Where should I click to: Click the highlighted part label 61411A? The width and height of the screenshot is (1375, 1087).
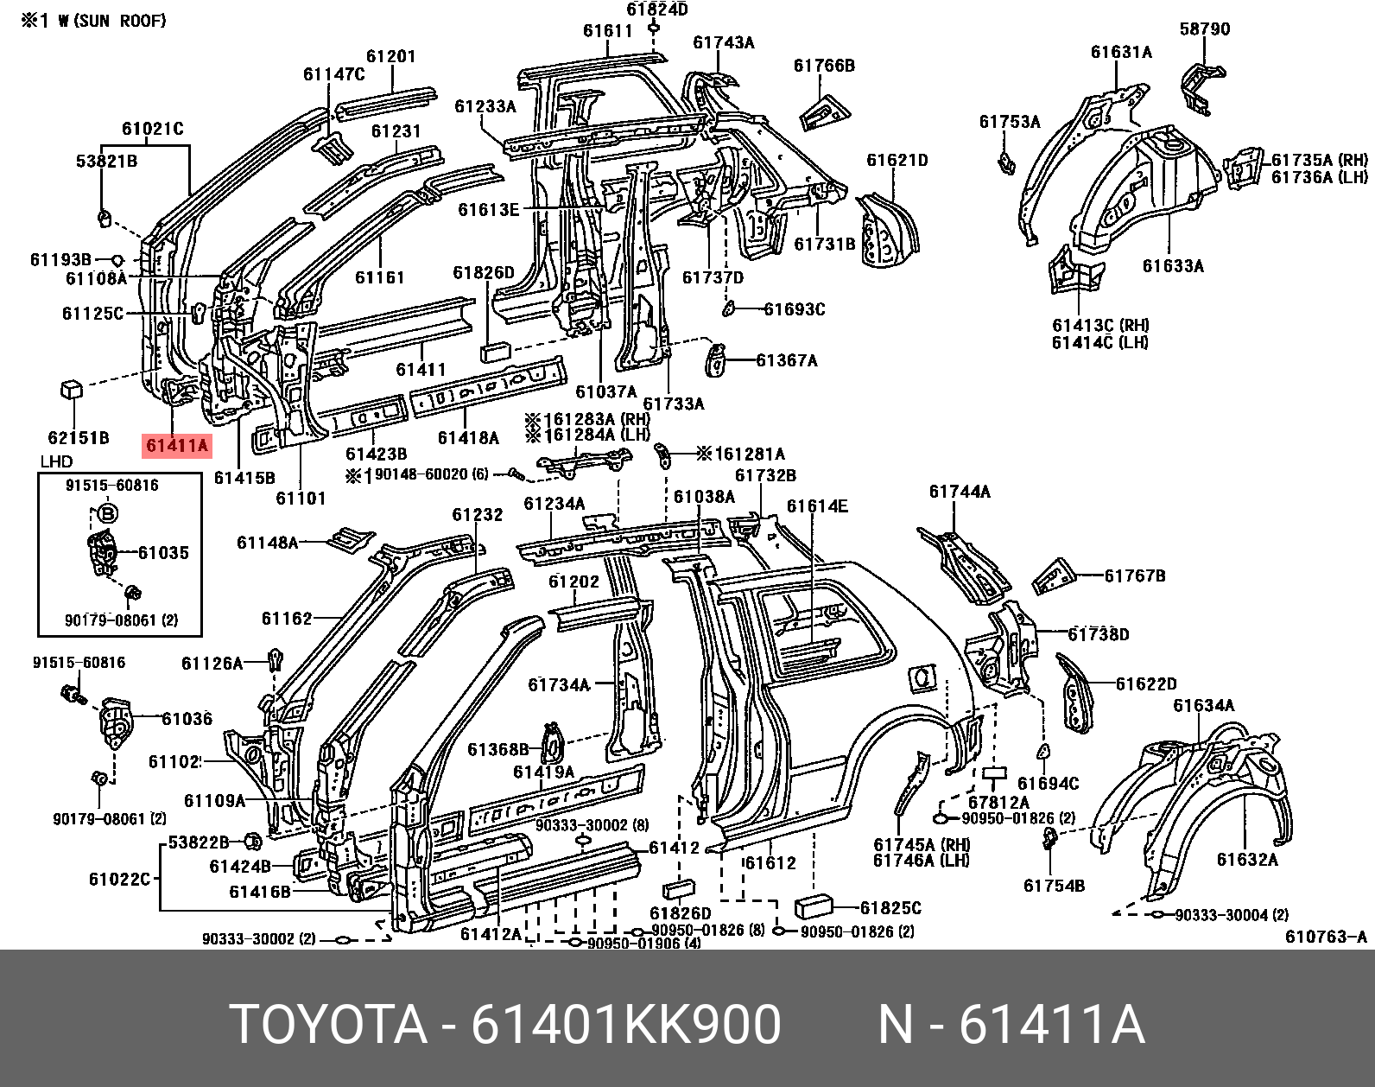click(177, 446)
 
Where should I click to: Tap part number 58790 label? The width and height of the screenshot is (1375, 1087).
click(1204, 29)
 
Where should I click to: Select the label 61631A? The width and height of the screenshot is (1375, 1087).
click(1120, 52)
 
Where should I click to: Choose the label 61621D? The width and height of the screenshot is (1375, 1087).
click(897, 160)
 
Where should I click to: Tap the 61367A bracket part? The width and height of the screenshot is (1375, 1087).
click(716, 359)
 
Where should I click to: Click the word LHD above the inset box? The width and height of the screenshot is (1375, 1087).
click(56, 461)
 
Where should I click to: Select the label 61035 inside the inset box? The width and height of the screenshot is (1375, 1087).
click(163, 553)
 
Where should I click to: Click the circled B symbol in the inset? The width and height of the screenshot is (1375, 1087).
click(108, 515)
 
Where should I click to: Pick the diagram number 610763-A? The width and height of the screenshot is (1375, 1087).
click(1326, 938)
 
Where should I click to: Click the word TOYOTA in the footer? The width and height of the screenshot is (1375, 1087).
click(331, 1026)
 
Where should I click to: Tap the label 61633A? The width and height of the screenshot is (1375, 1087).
click(1172, 266)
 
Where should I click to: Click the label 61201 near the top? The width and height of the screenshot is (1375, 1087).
click(390, 57)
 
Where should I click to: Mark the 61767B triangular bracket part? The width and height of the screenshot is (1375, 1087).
click(1053, 577)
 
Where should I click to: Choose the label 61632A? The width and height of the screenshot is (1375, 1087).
click(1246, 859)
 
